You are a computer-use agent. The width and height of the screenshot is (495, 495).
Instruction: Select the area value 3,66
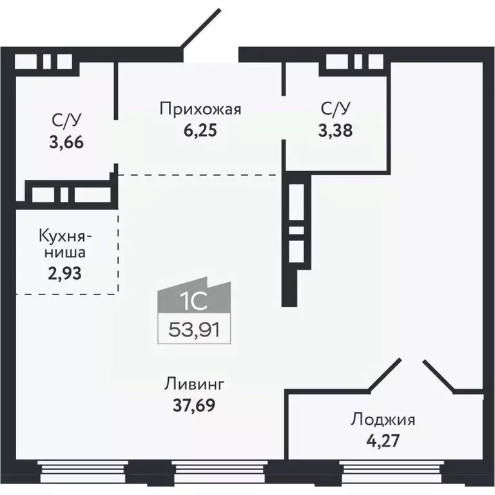(x=67, y=141)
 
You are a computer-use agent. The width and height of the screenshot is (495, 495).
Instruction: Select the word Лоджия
(x=383, y=421)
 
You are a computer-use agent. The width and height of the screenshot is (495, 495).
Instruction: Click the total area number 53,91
(x=195, y=331)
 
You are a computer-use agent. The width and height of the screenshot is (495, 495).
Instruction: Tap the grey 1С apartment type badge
(x=195, y=301)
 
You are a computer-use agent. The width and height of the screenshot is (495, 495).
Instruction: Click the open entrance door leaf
(x=200, y=30)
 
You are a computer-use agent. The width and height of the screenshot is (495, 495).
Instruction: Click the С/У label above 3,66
(x=67, y=120)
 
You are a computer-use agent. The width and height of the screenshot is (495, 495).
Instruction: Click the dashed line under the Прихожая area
(x=200, y=174)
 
